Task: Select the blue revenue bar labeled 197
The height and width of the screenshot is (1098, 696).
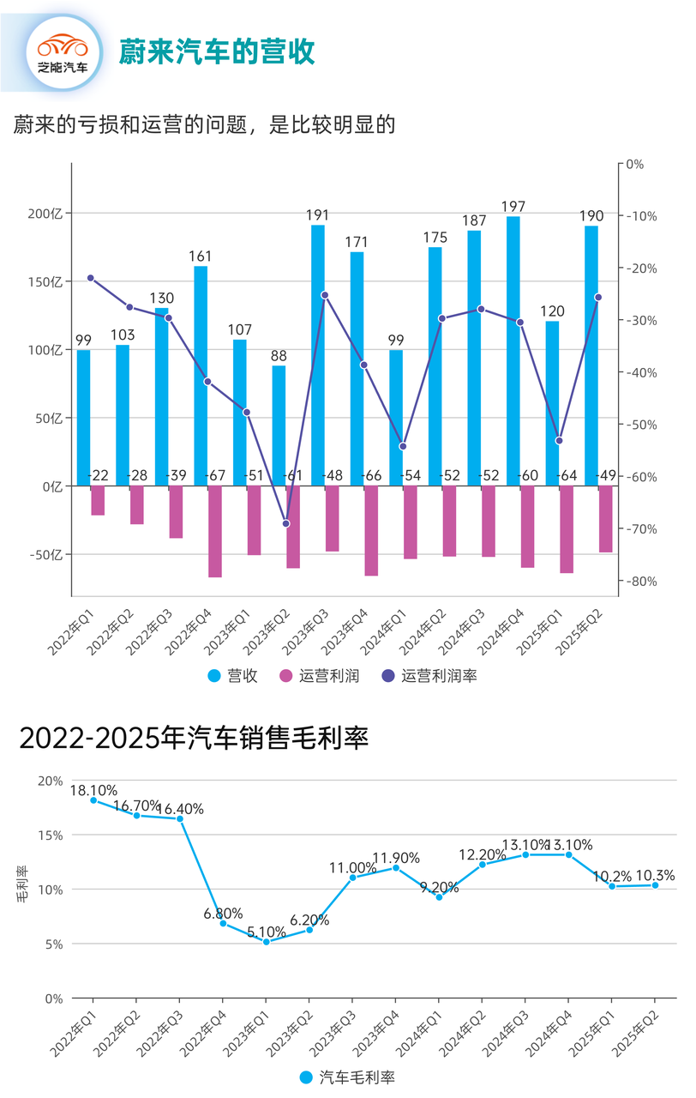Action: (x=513, y=351)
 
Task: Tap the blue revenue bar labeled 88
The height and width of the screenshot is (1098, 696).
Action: (x=279, y=425)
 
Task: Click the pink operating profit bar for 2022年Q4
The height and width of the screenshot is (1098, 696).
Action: (x=215, y=532)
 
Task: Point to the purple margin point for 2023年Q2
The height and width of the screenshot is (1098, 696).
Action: (x=286, y=523)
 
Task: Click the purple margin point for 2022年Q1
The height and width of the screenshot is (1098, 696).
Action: (x=90, y=278)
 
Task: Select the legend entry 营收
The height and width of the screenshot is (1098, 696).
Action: (x=233, y=676)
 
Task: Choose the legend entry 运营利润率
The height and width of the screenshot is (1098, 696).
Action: (x=429, y=676)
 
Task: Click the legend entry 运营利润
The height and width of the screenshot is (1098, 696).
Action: (x=320, y=676)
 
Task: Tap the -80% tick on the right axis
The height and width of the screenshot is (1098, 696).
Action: (x=639, y=582)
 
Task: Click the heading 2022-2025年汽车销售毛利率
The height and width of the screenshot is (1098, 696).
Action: (x=194, y=738)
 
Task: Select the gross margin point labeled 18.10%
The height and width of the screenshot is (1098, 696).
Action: (x=93, y=800)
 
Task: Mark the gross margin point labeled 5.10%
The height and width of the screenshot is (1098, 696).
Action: (x=266, y=942)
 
